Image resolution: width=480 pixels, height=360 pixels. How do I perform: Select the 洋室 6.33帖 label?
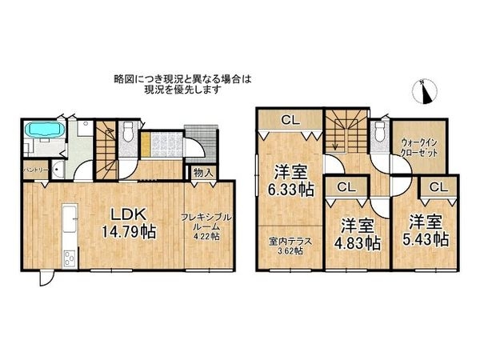pyautogui.click(x=290, y=180)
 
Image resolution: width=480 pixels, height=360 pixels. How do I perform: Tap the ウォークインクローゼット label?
pyautogui.click(x=418, y=146)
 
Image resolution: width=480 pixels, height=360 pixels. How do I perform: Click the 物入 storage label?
pyautogui.click(x=202, y=173)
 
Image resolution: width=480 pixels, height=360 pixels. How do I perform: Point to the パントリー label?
pyautogui.click(x=36, y=170)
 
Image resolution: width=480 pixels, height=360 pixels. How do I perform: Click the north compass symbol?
pyautogui.click(x=426, y=92)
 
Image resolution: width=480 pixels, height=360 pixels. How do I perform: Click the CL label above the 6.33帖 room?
pyautogui.click(x=290, y=121)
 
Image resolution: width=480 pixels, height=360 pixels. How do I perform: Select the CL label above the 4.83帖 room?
pyautogui.click(x=346, y=186)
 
